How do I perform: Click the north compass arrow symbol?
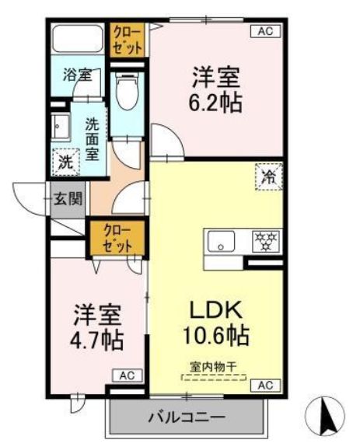point(324,417)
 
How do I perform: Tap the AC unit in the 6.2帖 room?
point(265,31)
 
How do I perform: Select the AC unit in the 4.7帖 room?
point(127,375)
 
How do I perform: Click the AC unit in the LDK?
point(265,385)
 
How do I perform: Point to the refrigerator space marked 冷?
point(269,177)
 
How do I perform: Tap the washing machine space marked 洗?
point(66,162)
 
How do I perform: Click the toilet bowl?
point(127,91)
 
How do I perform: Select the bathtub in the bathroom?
point(77,38)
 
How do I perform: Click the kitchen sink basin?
point(221,241)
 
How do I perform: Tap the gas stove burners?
point(266,241)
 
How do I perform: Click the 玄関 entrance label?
point(68,198)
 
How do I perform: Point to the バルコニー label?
point(187,417)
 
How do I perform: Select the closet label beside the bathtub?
point(127,40)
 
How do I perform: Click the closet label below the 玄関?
point(117,239)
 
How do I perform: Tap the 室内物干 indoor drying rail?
point(214,377)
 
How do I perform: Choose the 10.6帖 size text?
point(216,335)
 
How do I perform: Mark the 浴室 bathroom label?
point(77,75)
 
